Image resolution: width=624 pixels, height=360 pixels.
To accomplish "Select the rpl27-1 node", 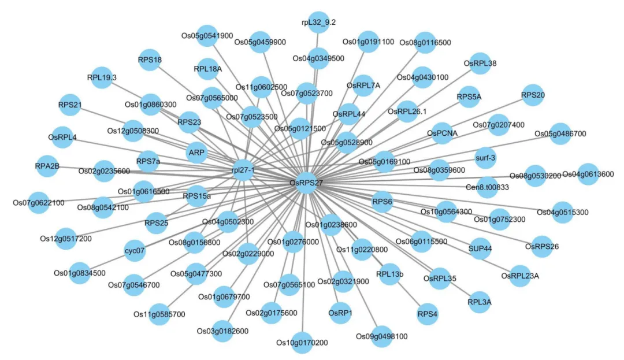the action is tap(243, 170).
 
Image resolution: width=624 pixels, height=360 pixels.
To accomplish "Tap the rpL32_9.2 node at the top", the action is tap(318, 22).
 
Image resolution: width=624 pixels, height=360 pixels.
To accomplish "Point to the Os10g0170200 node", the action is tap(303, 343).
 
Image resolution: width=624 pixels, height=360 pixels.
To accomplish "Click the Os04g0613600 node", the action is tap(588, 174).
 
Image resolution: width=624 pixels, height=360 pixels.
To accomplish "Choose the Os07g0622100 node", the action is tap(39, 203).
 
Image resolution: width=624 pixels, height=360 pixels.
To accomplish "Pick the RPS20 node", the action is tap(532, 94).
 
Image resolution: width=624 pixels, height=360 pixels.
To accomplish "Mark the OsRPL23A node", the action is tap(520, 276).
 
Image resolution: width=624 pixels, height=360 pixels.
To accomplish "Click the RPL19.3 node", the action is tap(102, 77).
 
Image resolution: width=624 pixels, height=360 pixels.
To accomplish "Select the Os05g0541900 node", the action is tap(207, 36).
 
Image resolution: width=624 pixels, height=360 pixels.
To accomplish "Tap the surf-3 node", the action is tap(485, 157).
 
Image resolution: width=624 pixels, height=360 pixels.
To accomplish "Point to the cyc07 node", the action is tap(135, 251).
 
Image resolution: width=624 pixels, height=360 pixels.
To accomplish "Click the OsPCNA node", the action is tap(442, 133).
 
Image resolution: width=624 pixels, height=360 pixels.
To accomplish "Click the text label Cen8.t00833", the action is tap(487, 187).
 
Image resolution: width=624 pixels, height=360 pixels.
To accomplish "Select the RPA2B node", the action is tap(47, 166).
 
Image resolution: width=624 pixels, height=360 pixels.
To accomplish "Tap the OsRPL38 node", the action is tap(480, 63).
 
